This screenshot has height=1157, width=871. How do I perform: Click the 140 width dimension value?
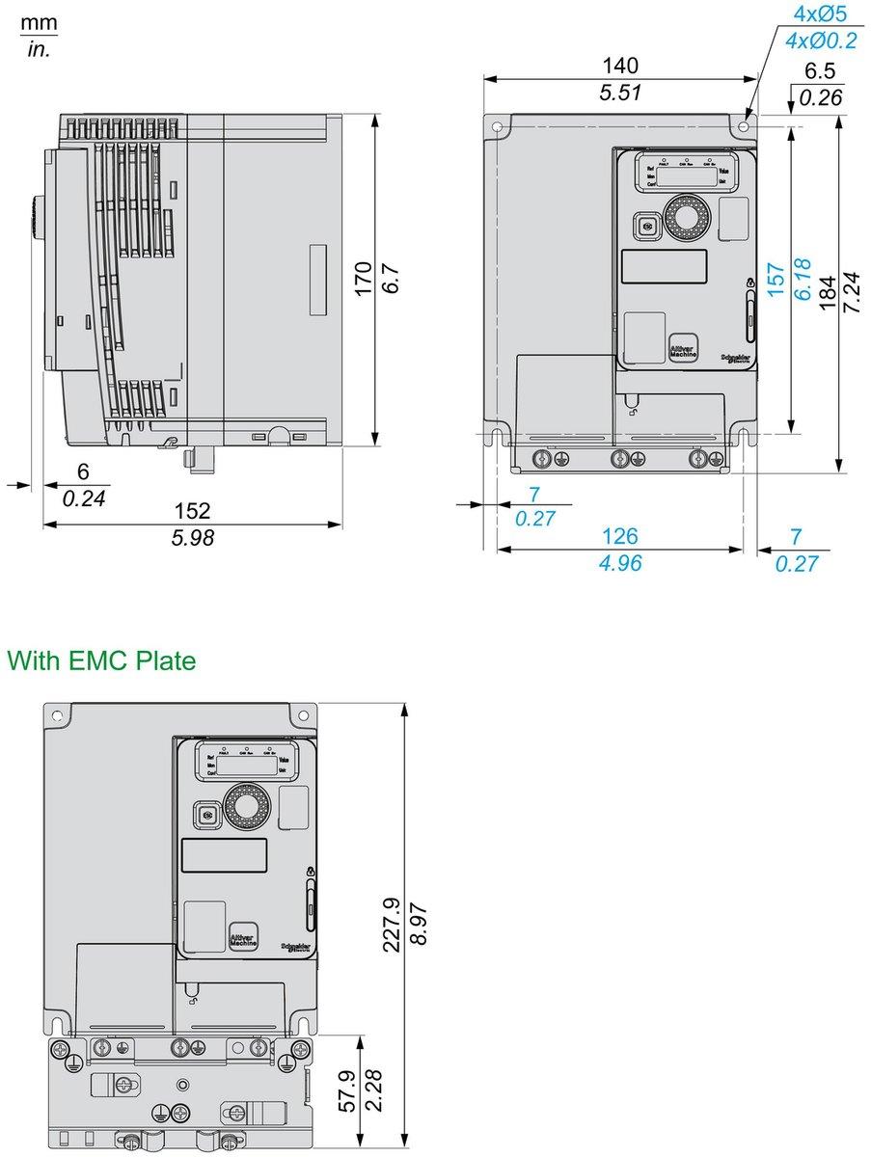(x=620, y=66)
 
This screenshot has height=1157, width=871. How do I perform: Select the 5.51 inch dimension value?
(x=620, y=93)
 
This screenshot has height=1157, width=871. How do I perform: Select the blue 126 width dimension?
(x=620, y=536)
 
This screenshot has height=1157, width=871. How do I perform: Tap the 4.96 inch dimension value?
(x=620, y=563)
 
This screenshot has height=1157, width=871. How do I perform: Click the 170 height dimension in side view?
(x=364, y=279)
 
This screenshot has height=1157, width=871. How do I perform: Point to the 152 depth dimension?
(x=192, y=511)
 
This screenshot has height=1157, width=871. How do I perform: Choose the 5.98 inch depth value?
(x=192, y=538)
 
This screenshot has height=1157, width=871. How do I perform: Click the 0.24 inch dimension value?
(x=83, y=498)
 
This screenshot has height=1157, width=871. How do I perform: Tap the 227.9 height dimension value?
(x=392, y=926)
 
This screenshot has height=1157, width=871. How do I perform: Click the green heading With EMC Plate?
(x=101, y=661)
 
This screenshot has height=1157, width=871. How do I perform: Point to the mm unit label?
(x=40, y=22)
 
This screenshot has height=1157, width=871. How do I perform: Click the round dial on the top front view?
(x=684, y=218)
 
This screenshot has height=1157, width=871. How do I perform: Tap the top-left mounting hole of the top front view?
(x=497, y=126)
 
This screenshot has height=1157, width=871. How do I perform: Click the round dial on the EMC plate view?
(x=245, y=803)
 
